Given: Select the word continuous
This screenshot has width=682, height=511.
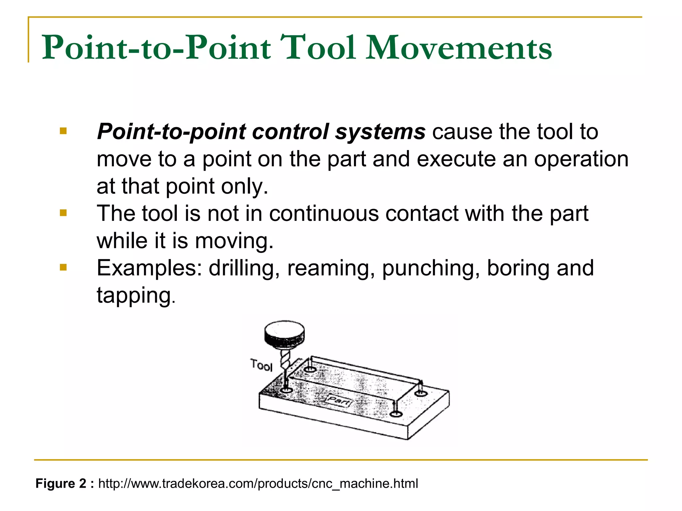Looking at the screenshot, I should tap(324, 213).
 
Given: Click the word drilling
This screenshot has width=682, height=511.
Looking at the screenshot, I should tap(244, 268).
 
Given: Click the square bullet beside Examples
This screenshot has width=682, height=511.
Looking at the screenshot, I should tap(63, 267).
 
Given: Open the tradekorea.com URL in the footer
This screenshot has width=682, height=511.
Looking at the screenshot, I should tap(258, 483).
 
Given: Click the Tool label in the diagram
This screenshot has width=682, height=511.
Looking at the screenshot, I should tap(262, 365).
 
